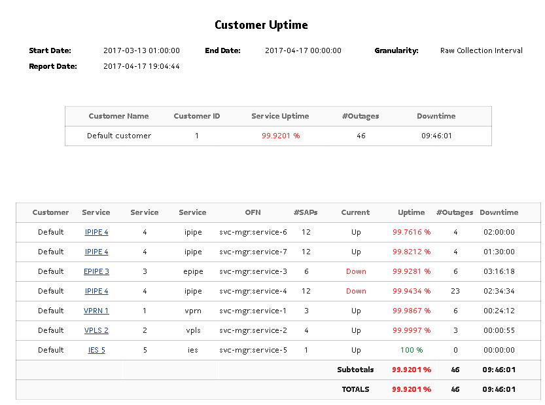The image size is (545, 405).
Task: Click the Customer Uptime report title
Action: [x=261, y=26]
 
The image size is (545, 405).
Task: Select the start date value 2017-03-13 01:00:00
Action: [x=141, y=50]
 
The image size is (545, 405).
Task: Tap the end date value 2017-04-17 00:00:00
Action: [x=303, y=50]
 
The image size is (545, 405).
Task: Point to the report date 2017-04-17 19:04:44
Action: [x=141, y=66]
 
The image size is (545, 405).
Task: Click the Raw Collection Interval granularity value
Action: [x=481, y=50]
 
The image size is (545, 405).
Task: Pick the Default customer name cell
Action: [x=119, y=136]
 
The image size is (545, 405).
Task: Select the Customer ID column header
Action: [x=197, y=116]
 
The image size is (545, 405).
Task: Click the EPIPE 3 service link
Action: [x=96, y=271]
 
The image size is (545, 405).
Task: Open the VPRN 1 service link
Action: [x=96, y=311]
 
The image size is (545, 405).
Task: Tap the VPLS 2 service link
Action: [x=96, y=330]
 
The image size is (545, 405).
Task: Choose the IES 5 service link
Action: [x=96, y=350]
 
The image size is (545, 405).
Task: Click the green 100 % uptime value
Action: [x=412, y=350]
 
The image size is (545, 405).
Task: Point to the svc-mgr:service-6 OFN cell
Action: [x=253, y=232]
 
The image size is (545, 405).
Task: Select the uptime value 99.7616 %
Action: [x=412, y=232]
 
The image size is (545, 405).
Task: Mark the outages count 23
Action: [x=455, y=291]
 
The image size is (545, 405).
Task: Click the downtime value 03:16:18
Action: [x=499, y=271]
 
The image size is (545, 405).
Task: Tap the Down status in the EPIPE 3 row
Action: [x=356, y=271]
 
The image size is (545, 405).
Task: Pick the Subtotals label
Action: [x=355, y=370]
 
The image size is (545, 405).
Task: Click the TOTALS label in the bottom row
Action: [x=355, y=389]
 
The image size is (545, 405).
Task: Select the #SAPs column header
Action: [x=306, y=212]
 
